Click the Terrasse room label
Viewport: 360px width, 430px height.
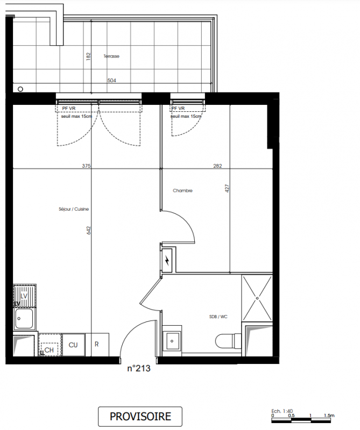(111, 56)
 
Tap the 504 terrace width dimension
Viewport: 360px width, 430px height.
(111, 80)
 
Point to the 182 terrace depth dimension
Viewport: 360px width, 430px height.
(88, 56)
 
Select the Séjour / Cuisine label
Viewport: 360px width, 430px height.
(74, 209)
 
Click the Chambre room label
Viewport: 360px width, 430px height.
(182, 190)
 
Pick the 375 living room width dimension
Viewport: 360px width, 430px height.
(86, 166)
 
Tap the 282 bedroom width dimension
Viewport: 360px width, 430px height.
(217, 166)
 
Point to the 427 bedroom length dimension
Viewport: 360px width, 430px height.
(227, 189)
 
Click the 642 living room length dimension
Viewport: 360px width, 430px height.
(88, 231)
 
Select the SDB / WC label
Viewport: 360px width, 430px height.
(218, 317)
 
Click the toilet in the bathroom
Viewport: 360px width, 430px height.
(228, 341)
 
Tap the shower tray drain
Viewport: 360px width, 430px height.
(257, 298)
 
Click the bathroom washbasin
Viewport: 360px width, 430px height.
(172, 341)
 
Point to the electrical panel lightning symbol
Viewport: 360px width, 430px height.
(167, 260)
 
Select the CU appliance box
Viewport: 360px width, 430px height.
(73, 345)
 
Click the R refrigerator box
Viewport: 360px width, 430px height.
(97, 345)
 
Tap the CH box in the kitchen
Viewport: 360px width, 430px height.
(50, 345)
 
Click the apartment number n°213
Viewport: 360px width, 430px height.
(139, 368)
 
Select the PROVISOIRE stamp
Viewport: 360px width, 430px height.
(140, 416)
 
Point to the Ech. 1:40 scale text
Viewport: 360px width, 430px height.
(282, 411)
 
